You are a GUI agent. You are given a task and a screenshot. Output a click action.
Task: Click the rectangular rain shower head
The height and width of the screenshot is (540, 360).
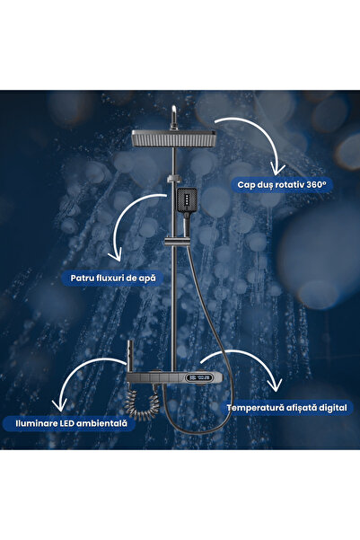click(x=174, y=139)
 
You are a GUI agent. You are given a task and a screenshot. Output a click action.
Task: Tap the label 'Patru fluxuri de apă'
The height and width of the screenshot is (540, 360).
click(x=113, y=278)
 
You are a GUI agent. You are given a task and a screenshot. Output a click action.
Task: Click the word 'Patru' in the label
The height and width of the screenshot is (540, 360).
click(x=83, y=278)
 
